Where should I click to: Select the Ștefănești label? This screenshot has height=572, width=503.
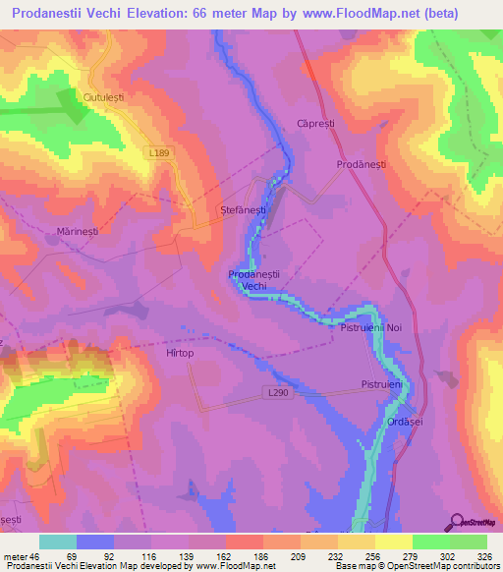(242, 210)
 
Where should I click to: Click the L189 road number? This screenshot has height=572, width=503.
(160, 152)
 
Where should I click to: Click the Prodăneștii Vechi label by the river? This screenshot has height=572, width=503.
(254, 279)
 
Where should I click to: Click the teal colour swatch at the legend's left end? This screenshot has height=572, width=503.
(57, 542)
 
